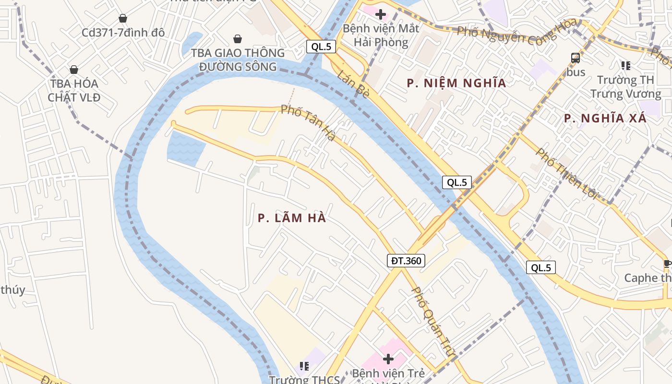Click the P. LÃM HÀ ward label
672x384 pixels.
pos(292,218)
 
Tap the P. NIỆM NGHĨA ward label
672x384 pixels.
pos(456,83)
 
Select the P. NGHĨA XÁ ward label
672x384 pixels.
pos(605,118)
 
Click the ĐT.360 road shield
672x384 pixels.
pos(406,261)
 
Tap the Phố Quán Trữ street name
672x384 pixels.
pos(432,322)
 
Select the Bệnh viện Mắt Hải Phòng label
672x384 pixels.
pos(381,35)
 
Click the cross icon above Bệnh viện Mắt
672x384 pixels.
pos(381,14)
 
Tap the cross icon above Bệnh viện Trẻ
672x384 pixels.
pos(388,359)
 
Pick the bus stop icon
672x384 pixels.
pos(576,59)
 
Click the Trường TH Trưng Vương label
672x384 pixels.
pos(625,87)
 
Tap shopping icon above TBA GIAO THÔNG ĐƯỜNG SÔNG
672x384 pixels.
pos(238,39)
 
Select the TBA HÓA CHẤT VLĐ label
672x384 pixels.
pos(74,90)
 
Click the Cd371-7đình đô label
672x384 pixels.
pos(123,33)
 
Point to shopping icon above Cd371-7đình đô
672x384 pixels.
pos(123,18)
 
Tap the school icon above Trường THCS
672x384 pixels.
pos(304,366)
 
